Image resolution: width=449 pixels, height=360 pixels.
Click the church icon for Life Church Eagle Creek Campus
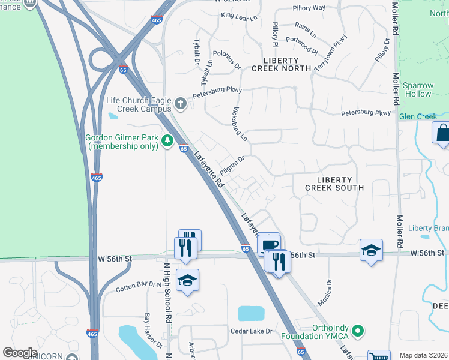point(180,104)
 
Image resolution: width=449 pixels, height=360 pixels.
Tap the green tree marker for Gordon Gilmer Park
point(168,141)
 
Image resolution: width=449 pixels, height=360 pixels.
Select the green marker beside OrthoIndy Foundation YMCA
point(358,331)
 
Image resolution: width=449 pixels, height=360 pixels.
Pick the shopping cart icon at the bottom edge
point(378,356)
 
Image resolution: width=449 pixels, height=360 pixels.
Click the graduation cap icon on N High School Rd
point(188,281)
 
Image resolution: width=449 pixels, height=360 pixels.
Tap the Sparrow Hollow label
point(417,89)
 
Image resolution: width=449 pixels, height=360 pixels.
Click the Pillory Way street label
point(309,8)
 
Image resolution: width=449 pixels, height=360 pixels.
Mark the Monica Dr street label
point(325,292)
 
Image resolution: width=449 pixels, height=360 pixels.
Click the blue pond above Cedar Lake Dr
point(251,313)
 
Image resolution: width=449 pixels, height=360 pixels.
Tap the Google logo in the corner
point(19,352)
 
